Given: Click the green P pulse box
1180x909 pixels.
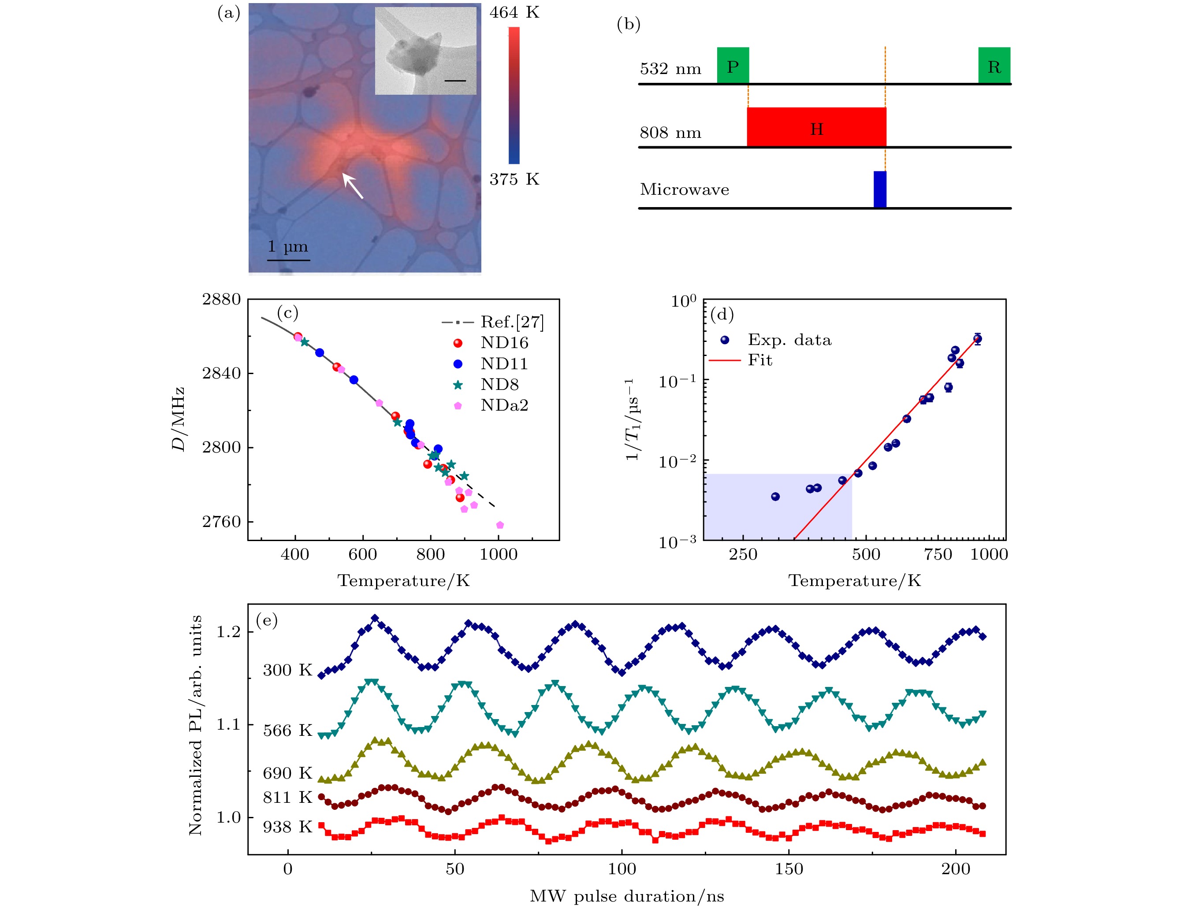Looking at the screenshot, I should [x=733, y=65].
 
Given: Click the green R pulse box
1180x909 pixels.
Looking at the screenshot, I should [x=994, y=65].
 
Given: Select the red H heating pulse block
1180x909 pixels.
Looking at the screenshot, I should [x=816, y=127].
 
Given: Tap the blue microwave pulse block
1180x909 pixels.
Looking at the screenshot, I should [x=879, y=189].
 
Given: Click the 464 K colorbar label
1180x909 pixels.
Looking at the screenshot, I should [x=514, y=12].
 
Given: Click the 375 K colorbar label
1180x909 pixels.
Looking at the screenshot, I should [x=514, y=179].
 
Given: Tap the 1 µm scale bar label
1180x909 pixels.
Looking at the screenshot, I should [x=288, y=247].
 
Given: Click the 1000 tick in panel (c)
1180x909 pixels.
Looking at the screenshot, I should [x=498, y=554].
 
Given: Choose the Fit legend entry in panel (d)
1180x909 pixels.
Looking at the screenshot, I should [x=759, y=360].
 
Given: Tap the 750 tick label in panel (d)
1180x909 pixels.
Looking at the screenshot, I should [x=938, y=554].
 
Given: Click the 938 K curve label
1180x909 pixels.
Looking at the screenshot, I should [x=287, y=827].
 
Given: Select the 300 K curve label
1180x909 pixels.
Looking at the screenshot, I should [x=287, y=670].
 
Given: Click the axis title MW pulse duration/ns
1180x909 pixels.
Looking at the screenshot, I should [x=627, y=897].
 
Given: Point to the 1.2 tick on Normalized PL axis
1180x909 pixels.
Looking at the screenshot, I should [x=228, y=632].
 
